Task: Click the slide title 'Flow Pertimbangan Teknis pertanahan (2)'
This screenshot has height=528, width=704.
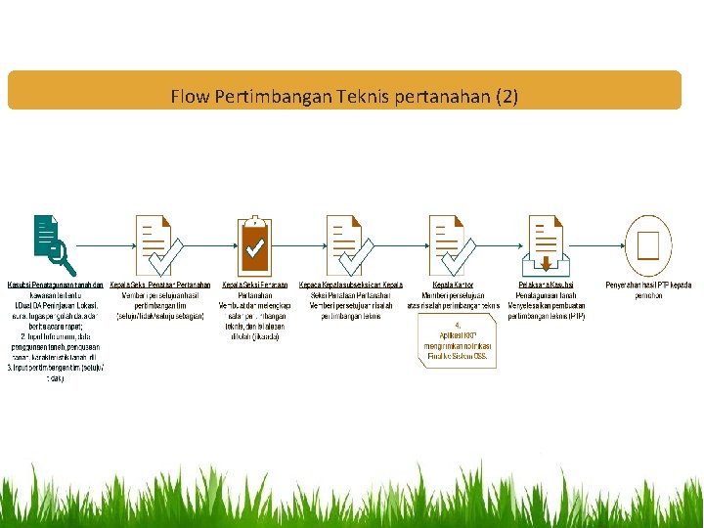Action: tap(344, 97)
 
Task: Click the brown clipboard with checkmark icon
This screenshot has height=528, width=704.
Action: tap(256, 244)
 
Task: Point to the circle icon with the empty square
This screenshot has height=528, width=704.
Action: tap(649, 244)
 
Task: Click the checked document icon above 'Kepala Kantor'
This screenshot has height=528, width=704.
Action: tap(453, 244)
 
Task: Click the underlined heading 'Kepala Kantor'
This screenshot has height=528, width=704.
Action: tap(460, 285)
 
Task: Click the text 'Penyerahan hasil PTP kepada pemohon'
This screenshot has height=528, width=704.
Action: tap(648, 289)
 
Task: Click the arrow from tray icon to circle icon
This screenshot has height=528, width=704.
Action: tap(600, 245)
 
